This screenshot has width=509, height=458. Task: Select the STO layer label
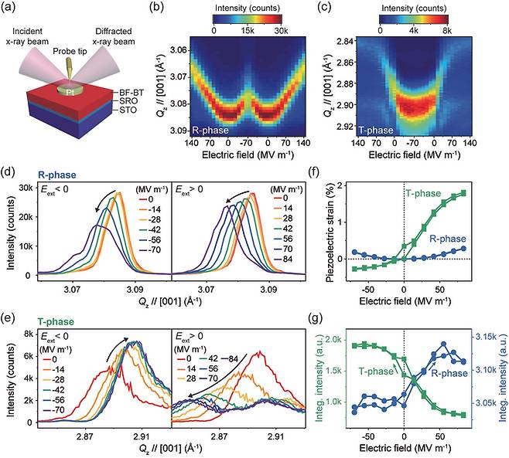pyautogui.click(x=128, y=110)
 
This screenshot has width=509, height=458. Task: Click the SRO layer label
pyautogui.click(x=128, y=101)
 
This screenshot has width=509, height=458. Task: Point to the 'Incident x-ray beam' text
pyautogui.click(x=27, y=36)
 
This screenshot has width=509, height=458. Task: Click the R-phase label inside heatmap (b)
pyautogui.click(x=210, y=131)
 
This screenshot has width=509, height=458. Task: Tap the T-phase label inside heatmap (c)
pyautogui.click(x=376, y=131)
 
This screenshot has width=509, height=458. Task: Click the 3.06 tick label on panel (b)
pyautogui.click(x=179, y=50)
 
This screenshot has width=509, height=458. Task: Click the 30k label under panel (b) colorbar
pyautogui.click(x=281, y=31)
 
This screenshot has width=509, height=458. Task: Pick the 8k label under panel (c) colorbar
pyautogui.click(x=447, y=31)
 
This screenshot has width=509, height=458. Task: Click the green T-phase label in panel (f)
pyautogui.click(x=423, y=194)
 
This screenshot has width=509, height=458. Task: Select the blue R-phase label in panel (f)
pyautogui.click(x=448, y=239)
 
